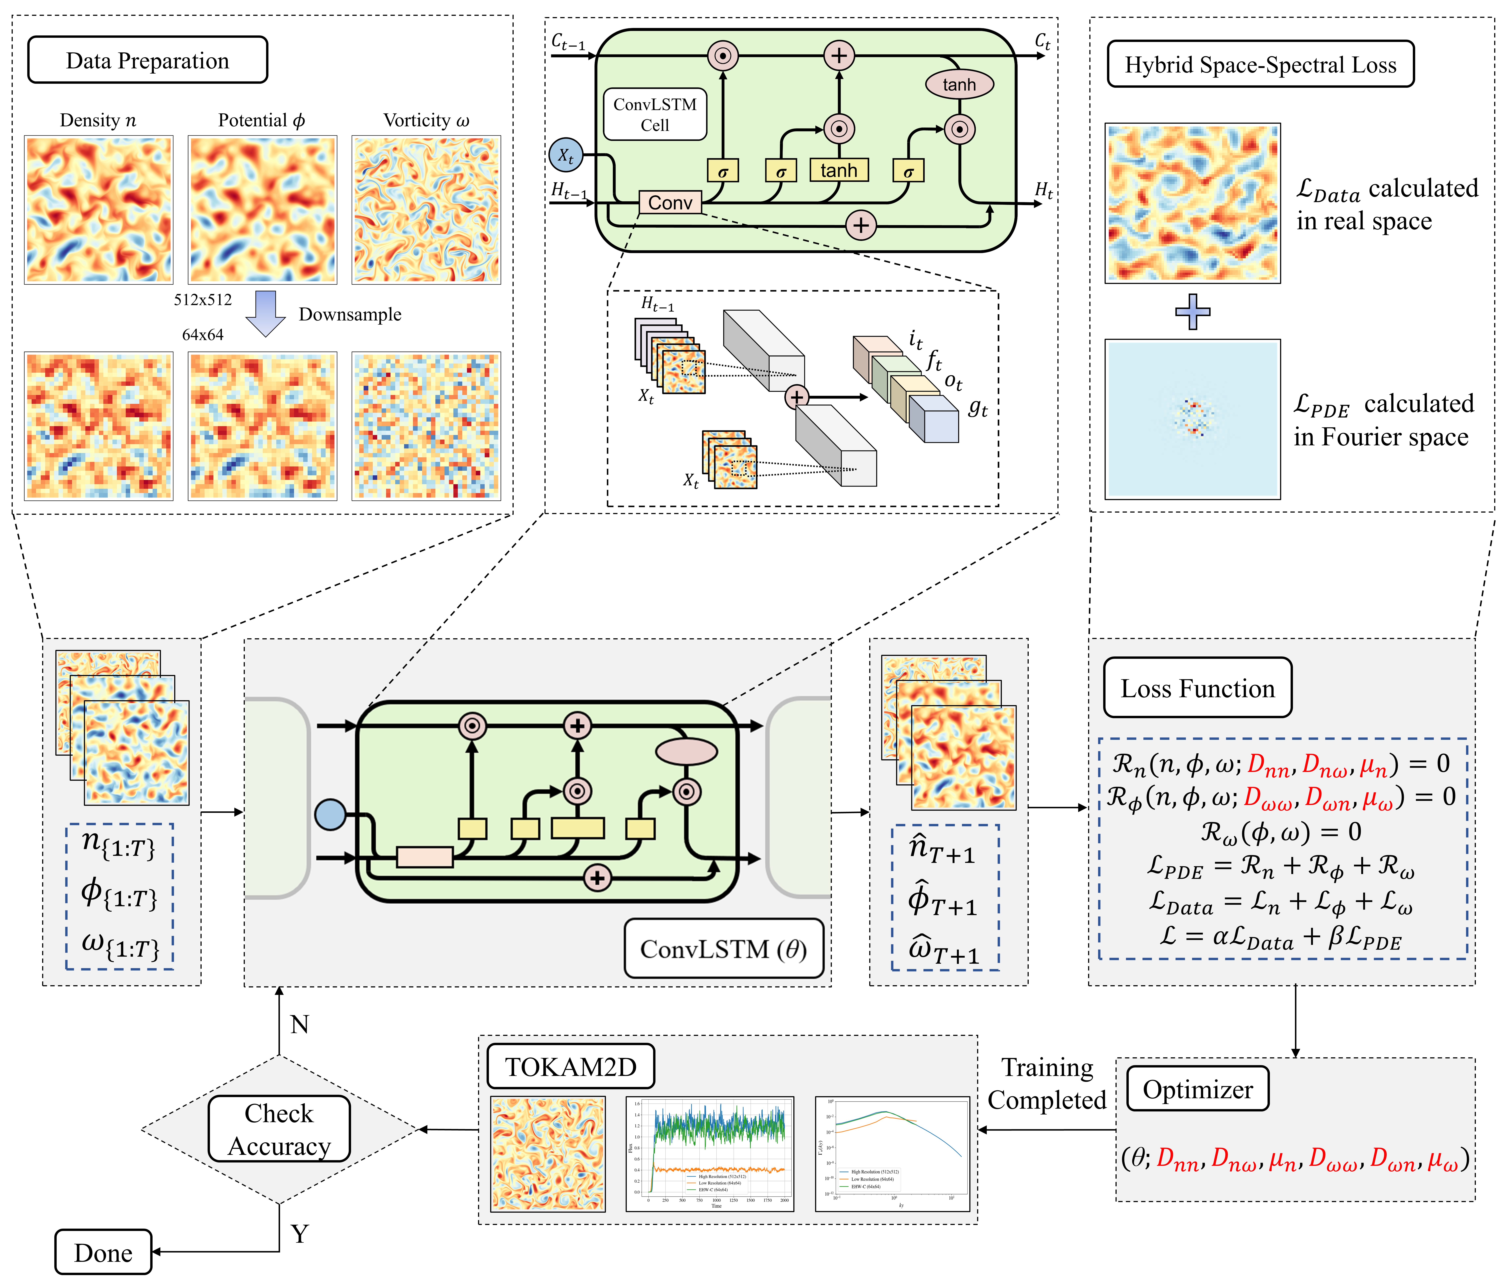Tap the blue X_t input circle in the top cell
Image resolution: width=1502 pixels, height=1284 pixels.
click(x=565, y=154)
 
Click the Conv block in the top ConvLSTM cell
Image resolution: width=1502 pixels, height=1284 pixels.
click(x=670, y=202)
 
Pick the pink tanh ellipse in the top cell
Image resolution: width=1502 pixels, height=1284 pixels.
click(x=959, y=84)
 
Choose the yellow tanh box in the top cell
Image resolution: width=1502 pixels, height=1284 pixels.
click(x=839, y=170)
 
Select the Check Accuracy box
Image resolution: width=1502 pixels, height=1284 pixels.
click(x=279, y=1129)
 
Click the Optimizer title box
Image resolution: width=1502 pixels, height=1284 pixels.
click(x=1198, y=1089)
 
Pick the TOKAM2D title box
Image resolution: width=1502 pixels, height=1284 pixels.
click(x=570, y=1067)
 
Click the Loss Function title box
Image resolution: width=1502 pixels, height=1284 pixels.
click(x=1198, y=688)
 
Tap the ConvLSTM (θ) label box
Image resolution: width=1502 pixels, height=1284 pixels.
click(x=723, y=948)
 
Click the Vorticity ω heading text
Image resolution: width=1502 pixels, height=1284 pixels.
click(x=426, y=120)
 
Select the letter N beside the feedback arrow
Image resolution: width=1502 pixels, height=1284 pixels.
click(x=299, y=1024)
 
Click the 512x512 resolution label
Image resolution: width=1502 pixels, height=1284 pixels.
click(x=203, y=300)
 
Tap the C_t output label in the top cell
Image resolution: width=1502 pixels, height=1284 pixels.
click(x=1043, y=41)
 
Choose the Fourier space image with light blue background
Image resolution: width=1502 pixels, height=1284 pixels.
click(x=1193, y=419)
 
